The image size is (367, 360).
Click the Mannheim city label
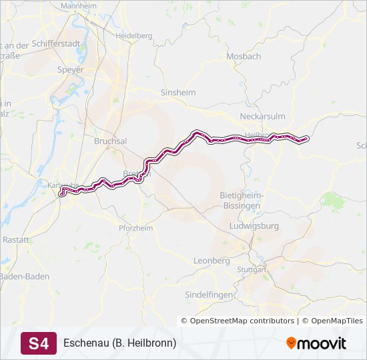78,5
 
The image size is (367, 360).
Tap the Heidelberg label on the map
134,35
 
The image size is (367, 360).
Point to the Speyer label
71,69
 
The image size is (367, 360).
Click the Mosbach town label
244,57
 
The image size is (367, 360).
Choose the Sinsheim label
178,93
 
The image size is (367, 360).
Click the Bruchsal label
111,142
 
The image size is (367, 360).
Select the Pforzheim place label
135,228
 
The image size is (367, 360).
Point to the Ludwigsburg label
254,226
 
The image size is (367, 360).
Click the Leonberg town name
212,260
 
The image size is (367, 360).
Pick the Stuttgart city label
252,270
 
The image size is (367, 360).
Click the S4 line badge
39,343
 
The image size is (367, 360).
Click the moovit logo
316,343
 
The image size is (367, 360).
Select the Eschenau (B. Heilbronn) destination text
119,343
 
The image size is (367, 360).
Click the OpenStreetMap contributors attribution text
242,321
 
